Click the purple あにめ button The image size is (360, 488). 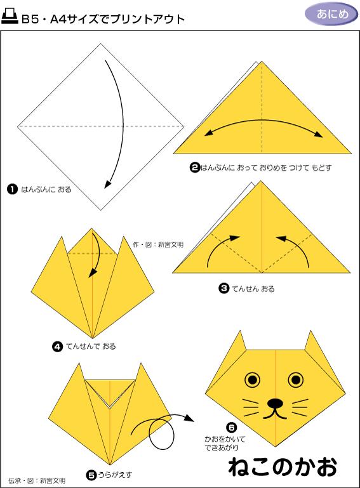click(331, 14)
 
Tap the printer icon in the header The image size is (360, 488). click(10, 16)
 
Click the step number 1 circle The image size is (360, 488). click(12, 189)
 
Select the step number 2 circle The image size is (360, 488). click(195, 168)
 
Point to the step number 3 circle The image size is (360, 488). click(223, 289)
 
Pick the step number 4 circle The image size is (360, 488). click(57, 346)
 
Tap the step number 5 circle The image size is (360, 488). click(91, 475)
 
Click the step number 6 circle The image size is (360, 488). click(231, 428)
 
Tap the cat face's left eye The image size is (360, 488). click(253, 379)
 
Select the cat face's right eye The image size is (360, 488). click(296, 379)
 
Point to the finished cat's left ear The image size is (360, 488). click(239, 341)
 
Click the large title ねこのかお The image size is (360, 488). click(283, 466)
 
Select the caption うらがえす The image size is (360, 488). click(115, 475)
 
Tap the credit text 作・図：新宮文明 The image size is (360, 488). click(158, 244)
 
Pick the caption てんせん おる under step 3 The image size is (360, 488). click(253, 289)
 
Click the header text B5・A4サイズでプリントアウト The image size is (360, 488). click(103, 19)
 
